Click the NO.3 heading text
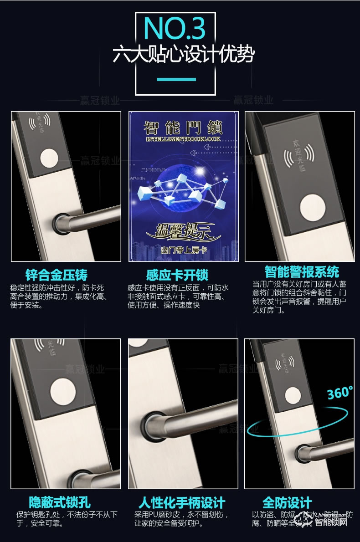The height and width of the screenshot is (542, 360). tap(175, 28)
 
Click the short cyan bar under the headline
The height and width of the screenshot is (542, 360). tap(176, 80)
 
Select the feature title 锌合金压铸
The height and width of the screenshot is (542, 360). tap(57, 275)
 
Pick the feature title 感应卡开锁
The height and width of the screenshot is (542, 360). tap(177, 275)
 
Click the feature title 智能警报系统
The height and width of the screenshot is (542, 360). tap(302, 272)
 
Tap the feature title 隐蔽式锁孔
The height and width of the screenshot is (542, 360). tap(60, 503)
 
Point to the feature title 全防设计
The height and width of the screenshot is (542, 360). tap(287, 503)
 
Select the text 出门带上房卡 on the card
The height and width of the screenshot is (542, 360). tap(182, 251)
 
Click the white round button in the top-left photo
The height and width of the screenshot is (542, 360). tap(48, 160)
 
